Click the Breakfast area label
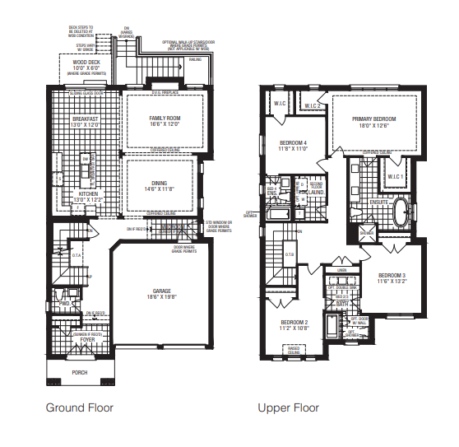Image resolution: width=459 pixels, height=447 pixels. click(86, 119)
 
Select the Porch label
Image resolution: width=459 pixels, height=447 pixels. click(80, 372)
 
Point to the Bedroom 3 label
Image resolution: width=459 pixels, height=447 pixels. click(393, 275)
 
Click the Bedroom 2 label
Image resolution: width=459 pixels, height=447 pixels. click(294, 322)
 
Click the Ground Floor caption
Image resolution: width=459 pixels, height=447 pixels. click(79, 407)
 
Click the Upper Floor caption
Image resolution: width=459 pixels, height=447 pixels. click(288, 407)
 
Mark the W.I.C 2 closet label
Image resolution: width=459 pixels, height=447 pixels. click(311, 105)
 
